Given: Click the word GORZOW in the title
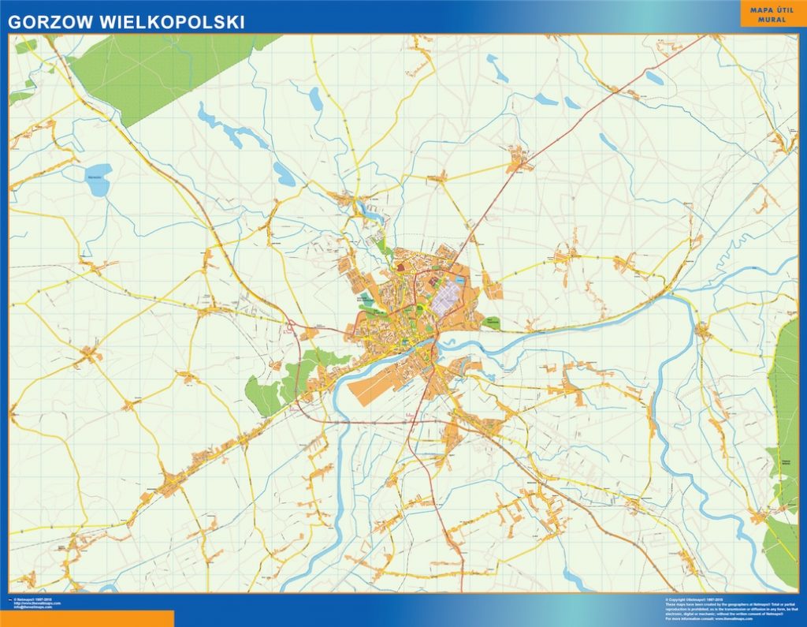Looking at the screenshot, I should [x=48, y=22].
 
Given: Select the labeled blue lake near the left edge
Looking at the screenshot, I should [x=98, y=178].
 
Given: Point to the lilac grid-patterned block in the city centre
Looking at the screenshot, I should [x=447, y=299].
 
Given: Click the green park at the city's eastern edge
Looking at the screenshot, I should [x=493, y=322].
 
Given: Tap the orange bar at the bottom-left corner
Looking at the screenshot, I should [x=87, y=618].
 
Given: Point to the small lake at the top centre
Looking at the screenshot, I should [x=316, y=99].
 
